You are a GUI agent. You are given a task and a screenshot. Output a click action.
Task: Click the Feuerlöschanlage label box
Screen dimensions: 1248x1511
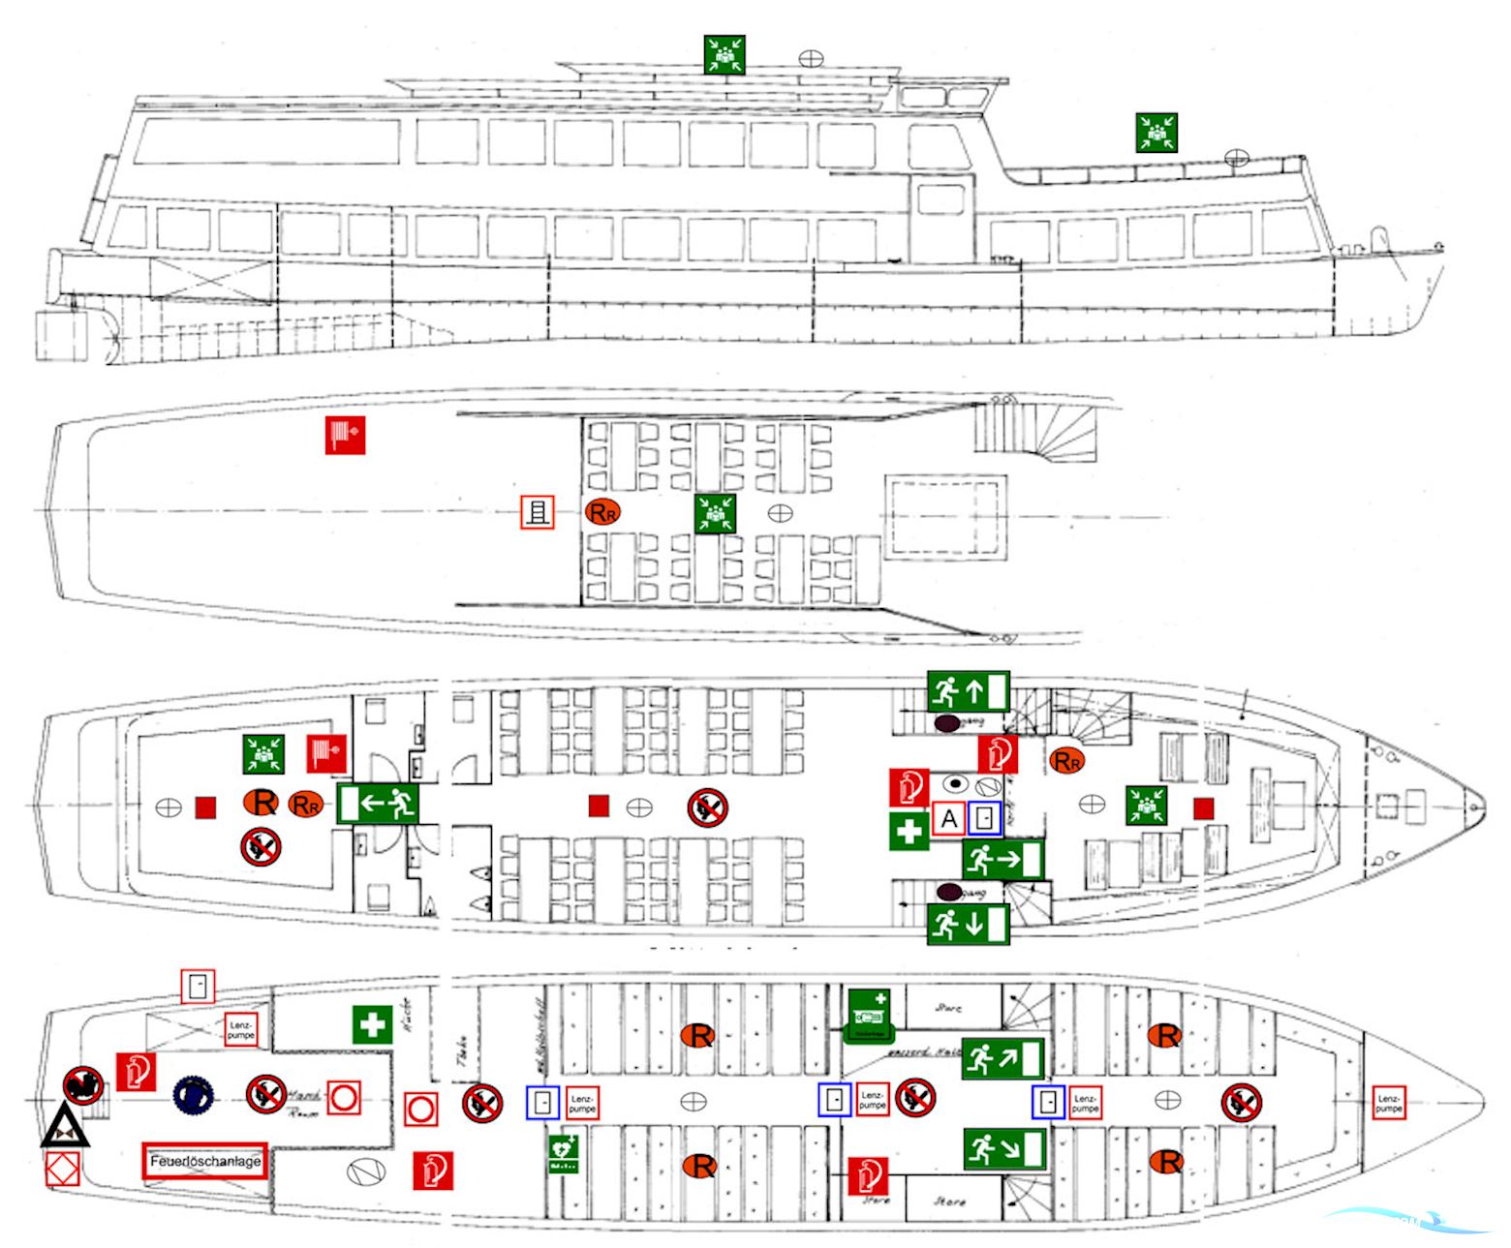point(205,1161)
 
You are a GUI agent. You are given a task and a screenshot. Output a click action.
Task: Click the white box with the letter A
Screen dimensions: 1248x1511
point(949,819)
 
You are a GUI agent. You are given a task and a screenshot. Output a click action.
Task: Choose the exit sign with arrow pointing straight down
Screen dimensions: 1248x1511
point(969,925)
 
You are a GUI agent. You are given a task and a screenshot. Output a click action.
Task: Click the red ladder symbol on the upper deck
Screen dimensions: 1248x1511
point(537,512)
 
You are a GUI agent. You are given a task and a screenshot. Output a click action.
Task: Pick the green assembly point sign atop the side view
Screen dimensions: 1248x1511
point(724,54)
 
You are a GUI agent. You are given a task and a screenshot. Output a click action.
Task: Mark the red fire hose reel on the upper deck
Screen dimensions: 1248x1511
point(345,436)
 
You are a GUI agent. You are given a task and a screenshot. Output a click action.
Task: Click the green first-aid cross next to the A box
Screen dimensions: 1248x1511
point(909,832)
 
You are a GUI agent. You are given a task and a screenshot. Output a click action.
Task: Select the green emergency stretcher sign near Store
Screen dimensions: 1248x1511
point(869,1016)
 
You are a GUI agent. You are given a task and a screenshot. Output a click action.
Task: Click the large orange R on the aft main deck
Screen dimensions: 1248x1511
point(262,803)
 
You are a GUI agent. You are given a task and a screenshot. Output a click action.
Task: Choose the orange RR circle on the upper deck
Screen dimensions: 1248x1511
point(601,511)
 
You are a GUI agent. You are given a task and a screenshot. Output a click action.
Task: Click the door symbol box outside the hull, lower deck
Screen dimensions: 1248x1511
point(198,987)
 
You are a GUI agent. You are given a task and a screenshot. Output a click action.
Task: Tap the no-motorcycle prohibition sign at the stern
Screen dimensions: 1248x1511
point(83,1085)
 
